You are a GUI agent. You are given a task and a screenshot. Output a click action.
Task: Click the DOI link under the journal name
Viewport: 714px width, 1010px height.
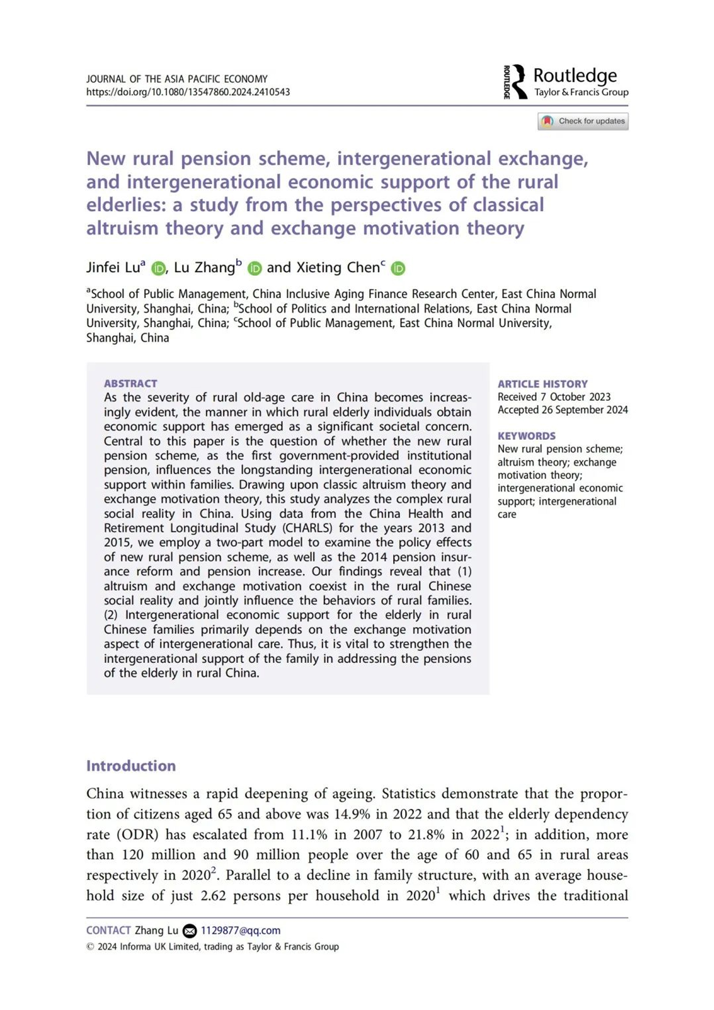pyautogui.click(x=188, y=92)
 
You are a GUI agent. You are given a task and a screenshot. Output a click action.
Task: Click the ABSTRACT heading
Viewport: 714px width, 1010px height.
pyautogui.click(x=130, y=383)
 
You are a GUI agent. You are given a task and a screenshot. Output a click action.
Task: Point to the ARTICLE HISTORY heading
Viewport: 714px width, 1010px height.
pyautogui.click(x=542, y=384)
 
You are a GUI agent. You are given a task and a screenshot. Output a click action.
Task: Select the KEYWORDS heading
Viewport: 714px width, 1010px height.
pyautogui.click(x=526, y=436)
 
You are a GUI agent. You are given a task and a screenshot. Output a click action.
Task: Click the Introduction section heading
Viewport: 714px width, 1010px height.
pyautogui.click(x=131, y=766)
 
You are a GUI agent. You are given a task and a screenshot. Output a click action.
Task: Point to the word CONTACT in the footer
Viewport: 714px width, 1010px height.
pyautogui.click(x=108, y=930)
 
